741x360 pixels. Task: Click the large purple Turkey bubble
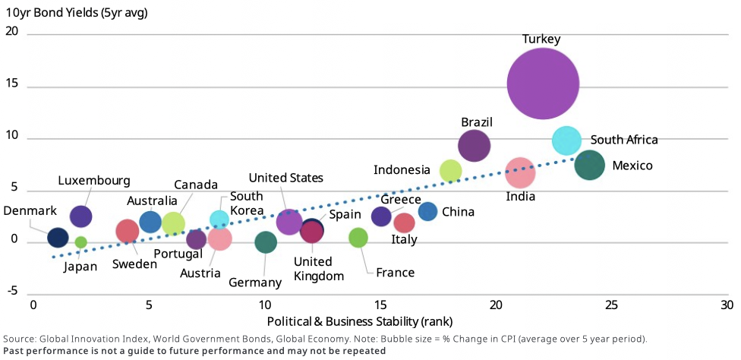coord(543,84)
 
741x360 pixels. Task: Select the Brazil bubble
coord(474,146)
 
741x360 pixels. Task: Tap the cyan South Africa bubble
coord(566,140)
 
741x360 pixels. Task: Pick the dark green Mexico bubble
coord(589,165)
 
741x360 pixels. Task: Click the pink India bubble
coord(520,173)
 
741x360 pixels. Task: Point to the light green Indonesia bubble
coord(451,171)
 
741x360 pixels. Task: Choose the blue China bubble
coord(427,212)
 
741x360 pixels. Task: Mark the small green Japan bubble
coord(80,242)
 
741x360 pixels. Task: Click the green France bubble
coord(358,238)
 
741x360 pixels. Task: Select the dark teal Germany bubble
coord(266,242)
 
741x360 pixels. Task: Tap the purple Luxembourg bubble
coord(80,216)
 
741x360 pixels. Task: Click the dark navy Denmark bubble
coord(58,238)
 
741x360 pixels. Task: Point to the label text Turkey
coord(541,39)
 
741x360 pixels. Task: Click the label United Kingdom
coord(318,269)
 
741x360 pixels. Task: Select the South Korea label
coord(247,203)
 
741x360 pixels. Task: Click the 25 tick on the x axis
coord(613,305)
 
